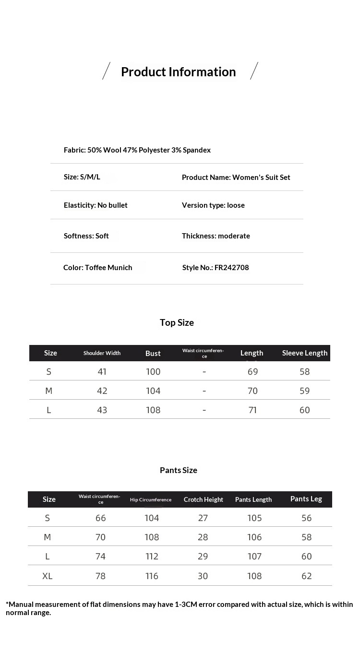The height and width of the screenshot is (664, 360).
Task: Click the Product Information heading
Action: click(x=178, y=72)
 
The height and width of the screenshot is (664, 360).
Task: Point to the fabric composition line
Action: click(x=137, y=150)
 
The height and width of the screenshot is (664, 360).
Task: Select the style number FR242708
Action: click(x=216, y=268)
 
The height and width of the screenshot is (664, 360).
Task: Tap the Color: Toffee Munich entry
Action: click(x=98, y=268)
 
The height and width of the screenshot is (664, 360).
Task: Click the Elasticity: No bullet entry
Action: click(x=96, y=205)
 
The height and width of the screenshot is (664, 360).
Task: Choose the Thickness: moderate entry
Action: click(x=216, y=236)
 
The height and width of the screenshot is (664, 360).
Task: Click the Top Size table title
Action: click(x=177, y=323)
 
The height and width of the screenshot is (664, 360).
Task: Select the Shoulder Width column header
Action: click(x=102, y=353)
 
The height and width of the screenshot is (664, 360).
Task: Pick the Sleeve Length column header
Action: click(x=305, y=353)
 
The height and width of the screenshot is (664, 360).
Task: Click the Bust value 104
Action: click(x=153, y=391)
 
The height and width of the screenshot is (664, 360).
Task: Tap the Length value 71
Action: click(x=252, y=410)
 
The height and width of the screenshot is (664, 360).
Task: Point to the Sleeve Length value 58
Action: click(x=305, y=372)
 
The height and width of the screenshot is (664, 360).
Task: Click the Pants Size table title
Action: click(x=179, y=470)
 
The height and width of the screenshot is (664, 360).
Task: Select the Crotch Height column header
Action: click(x=204, y=499)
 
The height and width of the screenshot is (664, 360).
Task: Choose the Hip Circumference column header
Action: click(x=151, y=500)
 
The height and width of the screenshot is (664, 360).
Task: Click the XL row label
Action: click(x=48, y=576)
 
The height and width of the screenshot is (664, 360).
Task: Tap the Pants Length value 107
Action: click(x=254, y=557)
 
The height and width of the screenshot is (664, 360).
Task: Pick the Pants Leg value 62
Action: click(x=307, y=576)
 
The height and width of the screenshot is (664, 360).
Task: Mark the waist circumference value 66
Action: click(x=100, y=518)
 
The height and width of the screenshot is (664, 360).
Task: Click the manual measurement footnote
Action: click(x=179, y=608)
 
